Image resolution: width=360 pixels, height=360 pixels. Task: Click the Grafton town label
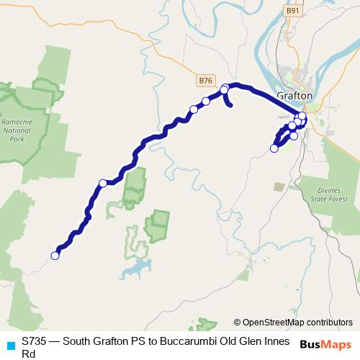coord(294,95)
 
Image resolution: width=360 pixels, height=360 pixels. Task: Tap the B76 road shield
coord(206,80)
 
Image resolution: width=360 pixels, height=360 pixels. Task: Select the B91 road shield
coord(292,11)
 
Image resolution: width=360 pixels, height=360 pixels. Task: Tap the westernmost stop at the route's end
coord(55,255)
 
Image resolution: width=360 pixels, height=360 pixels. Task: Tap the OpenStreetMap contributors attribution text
coord(297,322)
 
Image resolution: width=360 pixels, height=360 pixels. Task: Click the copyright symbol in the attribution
coord(237,322)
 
